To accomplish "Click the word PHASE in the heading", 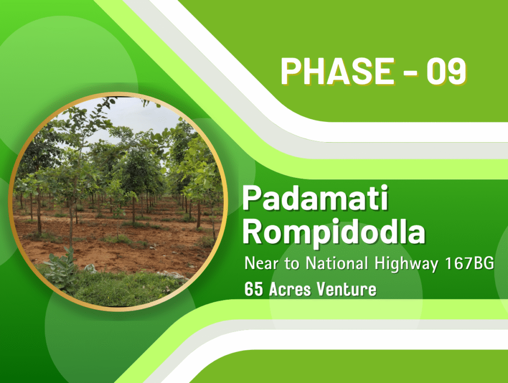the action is coord(337,71).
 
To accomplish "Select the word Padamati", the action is coord(315,198).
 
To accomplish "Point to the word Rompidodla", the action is coord(334,232).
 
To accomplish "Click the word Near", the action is coord(261,263).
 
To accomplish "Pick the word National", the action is coord(337,263).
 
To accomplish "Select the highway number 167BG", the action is coord(469,263).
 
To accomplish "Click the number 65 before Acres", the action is coord(254,289).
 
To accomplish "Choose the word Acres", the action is coord(290,289).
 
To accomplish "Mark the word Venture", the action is coord(346,289).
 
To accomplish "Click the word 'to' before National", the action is coord(292,264).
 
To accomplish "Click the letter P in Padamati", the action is coord(252,198).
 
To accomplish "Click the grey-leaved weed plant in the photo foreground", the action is coord(63,270).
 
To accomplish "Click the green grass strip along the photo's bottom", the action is coord(120,288).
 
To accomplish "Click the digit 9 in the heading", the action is coord(457,71).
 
